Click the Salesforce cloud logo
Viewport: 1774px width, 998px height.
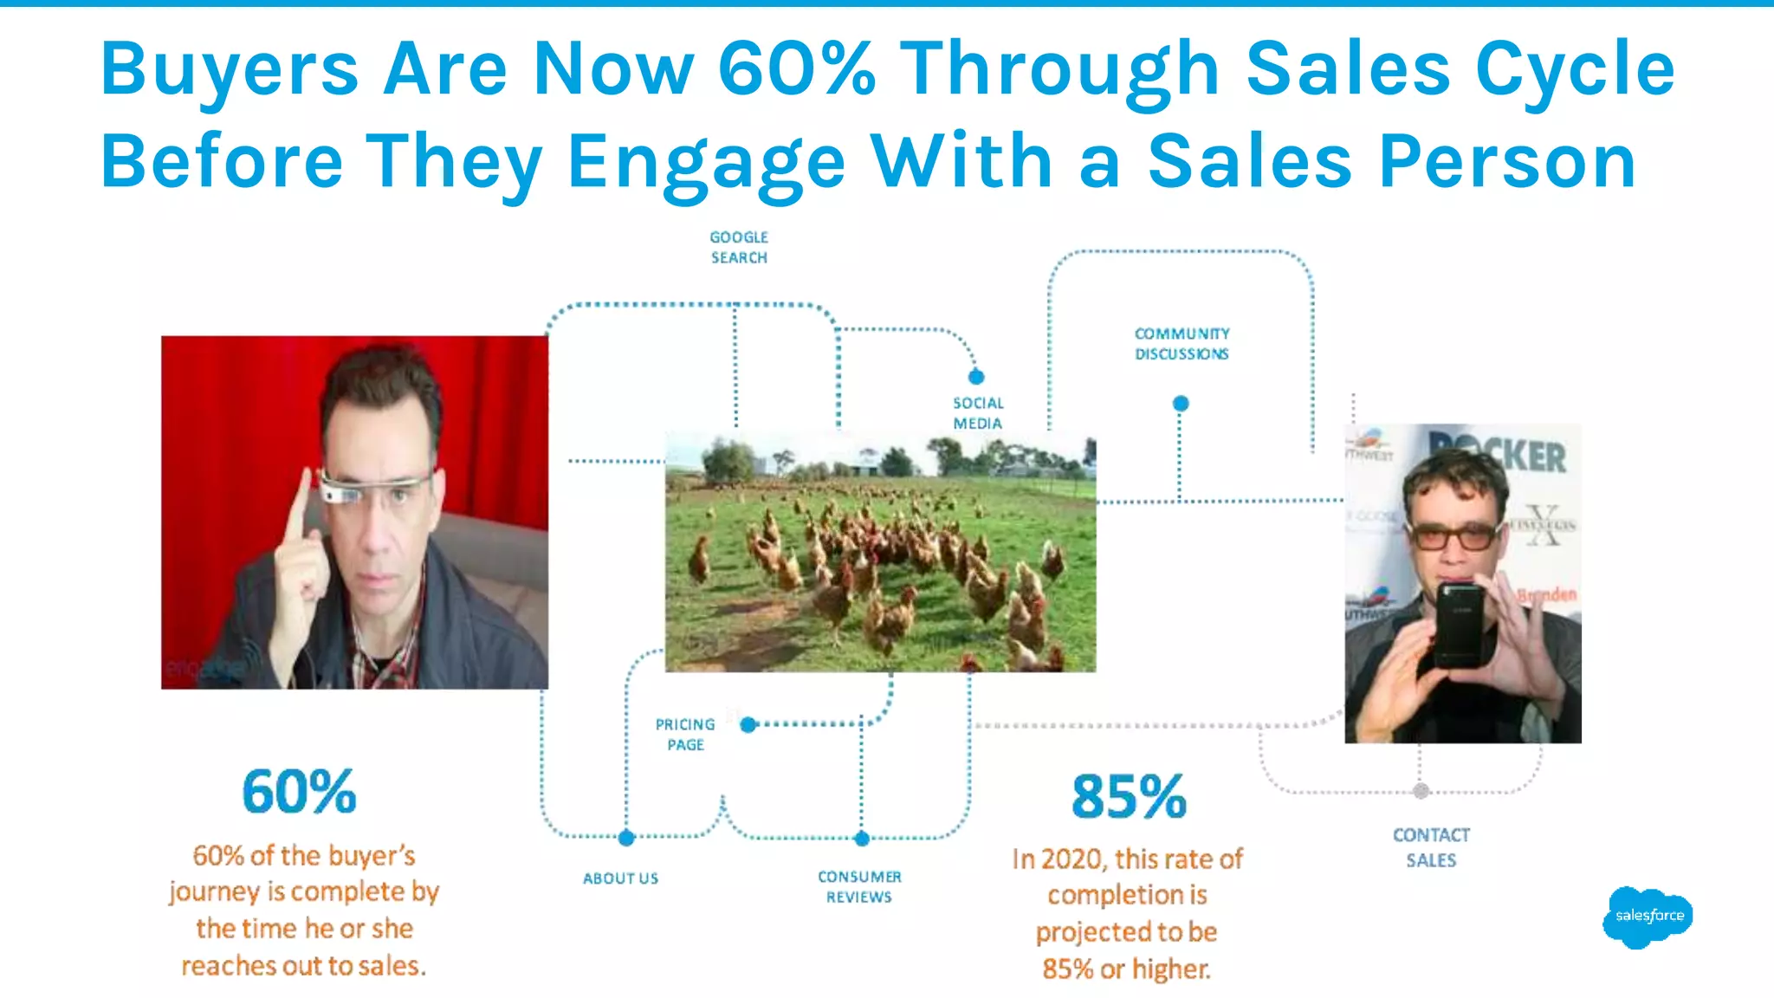(x=1647, y=917)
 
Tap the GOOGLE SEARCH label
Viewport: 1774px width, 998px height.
(x=739, y=247)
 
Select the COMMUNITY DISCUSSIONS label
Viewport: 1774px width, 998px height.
(x=1182, y=344)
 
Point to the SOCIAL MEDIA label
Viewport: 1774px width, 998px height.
(x=978, y=413)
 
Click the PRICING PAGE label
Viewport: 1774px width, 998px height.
(x=685, y=735)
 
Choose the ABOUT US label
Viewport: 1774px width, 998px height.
(x=620, y=878)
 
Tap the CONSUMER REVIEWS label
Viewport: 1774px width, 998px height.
(x=859, y=887)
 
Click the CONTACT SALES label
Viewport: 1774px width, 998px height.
(x=1431, y=847)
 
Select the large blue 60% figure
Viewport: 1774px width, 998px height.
(x=299, y=791)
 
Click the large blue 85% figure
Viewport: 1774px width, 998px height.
(x=1129, y=796)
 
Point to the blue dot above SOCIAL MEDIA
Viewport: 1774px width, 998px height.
(x=976, y=377)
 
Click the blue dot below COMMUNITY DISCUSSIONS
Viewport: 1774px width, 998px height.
(x=1181, y=404)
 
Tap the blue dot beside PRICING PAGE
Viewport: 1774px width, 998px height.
(x=748, y=724)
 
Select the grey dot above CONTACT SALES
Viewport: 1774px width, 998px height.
(x=1421, y=791)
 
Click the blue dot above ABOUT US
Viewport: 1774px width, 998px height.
(x=626, y=838)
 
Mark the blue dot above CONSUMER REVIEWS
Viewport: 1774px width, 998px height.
(x=861, y=839)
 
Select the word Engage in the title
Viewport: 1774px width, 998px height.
(x=706, y=162)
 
